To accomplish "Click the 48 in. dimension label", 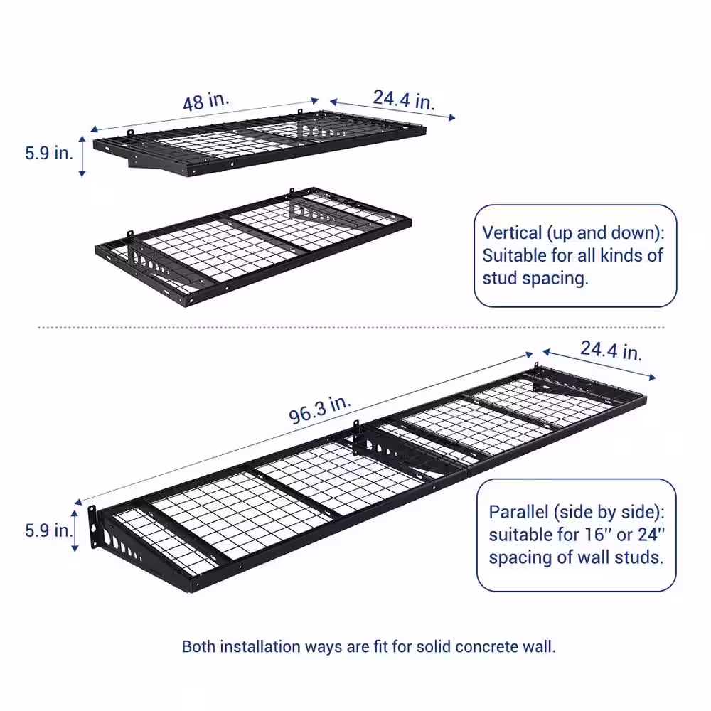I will point(206,101).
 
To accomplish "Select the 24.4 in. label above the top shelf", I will point(404,99).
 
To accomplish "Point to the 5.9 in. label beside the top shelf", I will point(48,153).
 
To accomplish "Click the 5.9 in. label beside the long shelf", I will point(48,530).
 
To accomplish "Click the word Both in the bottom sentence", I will point(199,647).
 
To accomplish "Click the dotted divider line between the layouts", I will point(355,328).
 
